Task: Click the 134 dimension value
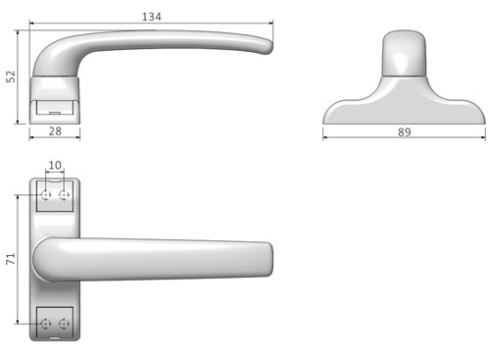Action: pos(152,17)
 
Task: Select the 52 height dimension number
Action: pos(11,77)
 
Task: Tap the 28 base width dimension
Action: pos(55,131)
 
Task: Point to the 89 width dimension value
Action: pos(404,131)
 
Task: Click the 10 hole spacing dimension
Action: pos(55,165)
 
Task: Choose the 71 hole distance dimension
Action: pos(11,259)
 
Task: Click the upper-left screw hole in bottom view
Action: pos(46,195)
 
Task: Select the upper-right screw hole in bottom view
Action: pos(64,195)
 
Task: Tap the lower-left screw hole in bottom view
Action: pos(46,324)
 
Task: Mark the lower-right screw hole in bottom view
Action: pos(64,324)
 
